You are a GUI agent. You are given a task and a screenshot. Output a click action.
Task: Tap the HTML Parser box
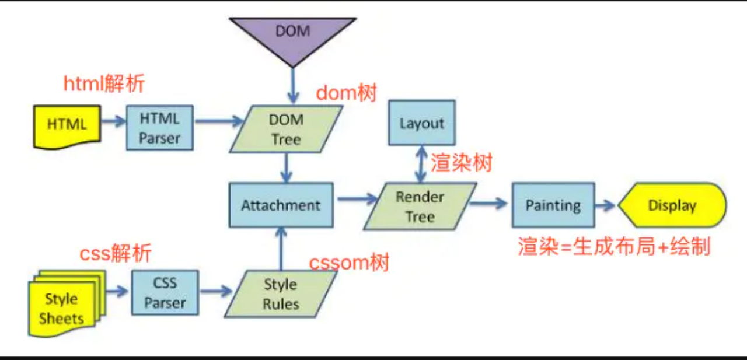pos(159,128)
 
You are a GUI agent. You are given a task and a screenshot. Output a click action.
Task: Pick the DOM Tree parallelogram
pos(286,130)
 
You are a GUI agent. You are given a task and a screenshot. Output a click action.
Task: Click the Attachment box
pos(281,205)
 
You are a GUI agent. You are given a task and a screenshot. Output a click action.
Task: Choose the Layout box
pos(421,123)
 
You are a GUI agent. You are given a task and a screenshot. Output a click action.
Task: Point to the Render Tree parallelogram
pos(420,207)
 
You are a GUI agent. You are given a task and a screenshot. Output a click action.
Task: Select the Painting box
pos(553,205)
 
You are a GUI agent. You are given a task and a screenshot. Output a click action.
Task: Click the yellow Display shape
pos(672,205)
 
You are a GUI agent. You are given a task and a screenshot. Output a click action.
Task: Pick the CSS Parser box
pos(165,293)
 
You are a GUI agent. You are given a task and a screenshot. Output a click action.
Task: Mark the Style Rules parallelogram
pos(281,294)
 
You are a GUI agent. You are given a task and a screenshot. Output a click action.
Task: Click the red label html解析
pos(104,84)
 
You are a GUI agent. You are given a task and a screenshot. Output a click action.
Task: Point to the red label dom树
pos(347,93)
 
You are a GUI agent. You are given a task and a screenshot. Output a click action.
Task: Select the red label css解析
pos(115,253)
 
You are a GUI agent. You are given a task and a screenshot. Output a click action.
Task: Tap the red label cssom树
pos(349,263)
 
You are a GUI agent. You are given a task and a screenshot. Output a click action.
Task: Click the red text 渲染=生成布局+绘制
pos(614,246)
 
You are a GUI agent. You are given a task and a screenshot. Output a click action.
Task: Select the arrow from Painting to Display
pos(606,205)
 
